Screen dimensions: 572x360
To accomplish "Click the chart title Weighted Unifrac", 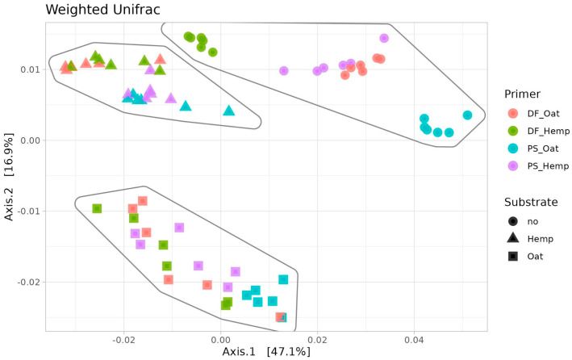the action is pyautogui.click(x=102, y=10).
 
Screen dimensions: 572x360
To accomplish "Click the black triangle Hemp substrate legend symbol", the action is pyautogui.click(x=513, y=238).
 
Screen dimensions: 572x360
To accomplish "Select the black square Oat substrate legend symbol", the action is pyautogui.click(x=513, y=257).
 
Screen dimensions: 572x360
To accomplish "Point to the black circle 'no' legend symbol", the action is pyautogui.click(x=513, y=221).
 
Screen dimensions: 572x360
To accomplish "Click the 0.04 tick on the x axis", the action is pyautogui.click(x=414, y=341).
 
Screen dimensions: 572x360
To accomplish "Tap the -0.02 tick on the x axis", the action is pyautogui.click(x=124, y=341).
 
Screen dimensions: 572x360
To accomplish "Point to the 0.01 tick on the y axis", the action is pyautogui.click(x=31, y=69).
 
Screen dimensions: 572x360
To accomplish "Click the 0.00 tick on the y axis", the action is pyautogui.click(x=31, y=140).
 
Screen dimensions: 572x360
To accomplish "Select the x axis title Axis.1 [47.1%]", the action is pyautogui.click(x=266, y=352).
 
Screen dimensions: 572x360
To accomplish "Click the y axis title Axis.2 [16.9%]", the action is pyautogui.click(x=9, y=177).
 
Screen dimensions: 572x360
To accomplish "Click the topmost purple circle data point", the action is pyautogui.click(x=384, y=38).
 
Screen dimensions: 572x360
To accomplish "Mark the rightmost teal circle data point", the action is pyautogui.click(x=467, y=115).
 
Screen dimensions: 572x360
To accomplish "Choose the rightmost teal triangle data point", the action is pyautogui.click(x=229, y=111).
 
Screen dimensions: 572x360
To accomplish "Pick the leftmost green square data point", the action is pyautogui.click(x=97, y=208).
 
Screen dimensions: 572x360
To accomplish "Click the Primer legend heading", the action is pyautogui.click(x=522, y=94).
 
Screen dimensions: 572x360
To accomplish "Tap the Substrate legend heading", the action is pyautogui.click(x=531, y=202).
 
